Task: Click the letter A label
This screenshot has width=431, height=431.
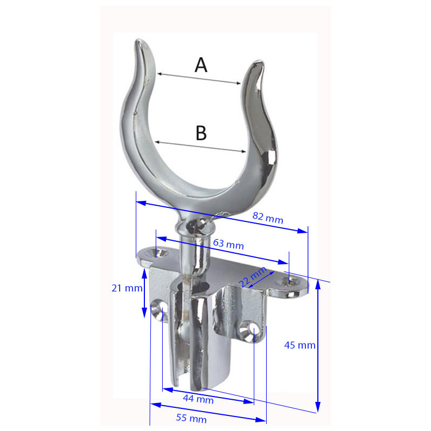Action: pyautogui.click(x=201, y=65)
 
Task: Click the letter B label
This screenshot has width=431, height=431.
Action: pyautogui.click(x=201, y=133)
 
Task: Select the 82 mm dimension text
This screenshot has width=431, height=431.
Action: pyautogui.click(x=268, y=218)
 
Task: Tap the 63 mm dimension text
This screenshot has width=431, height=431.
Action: pyautogui.click(x=228, y=244)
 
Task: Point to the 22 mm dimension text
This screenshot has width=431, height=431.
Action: pyautogui.click(x=252, y=276)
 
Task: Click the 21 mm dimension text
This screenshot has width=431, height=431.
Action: pyautogui.click(x=127, y=288)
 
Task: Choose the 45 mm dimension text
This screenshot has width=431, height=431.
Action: pyautogui.click(x=300, y=345)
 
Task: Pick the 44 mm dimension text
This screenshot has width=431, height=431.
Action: pyautogui.click(x=198, y=399)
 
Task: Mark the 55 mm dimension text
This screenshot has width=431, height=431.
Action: pyautogui.click(x=191, y=418)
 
